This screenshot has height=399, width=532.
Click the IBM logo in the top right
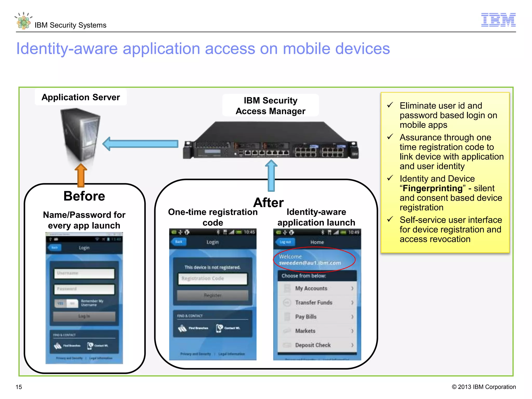pos(498,20)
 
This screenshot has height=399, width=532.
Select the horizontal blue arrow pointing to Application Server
pos(141,144)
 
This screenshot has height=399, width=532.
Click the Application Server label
pos(81,97)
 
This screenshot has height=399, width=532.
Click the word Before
pos(84,196)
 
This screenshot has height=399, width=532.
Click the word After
pos(268,202)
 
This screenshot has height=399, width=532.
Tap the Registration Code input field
pos(212,278)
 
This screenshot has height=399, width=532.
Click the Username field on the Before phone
pos(84,273)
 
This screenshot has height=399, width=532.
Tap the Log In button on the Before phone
pos(84,316)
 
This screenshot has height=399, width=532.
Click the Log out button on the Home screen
pos(285,242)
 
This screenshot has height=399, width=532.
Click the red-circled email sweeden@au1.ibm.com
pos(310,263)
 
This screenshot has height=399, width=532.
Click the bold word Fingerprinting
pos(433,188)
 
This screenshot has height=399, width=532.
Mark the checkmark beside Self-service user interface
pos(390,220)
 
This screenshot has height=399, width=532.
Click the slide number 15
pos(19,387)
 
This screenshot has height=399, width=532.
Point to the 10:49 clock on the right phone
pos(354,232)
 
